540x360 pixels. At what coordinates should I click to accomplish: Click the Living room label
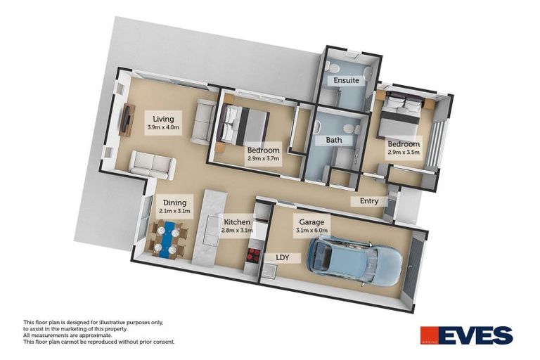coord(164,120)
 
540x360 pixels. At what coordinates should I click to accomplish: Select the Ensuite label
coord(347,80)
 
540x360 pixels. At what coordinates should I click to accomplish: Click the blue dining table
coord(167,240)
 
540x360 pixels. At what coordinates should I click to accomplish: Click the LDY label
coord(283,257)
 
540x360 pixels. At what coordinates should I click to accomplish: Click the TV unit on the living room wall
coord(127,120)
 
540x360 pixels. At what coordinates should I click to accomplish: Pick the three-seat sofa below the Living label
coord(153,165)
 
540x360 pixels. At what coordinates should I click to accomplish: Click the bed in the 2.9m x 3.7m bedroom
coord(243,125)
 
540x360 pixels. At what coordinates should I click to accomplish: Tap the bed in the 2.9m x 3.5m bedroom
coord(402,115)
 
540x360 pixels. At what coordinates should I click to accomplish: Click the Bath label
coord(333,141)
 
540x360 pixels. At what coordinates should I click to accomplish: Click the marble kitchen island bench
coord(208,229)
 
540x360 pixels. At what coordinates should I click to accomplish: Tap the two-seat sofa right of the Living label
coord(203,122)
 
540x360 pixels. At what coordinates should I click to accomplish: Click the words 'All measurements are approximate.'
coord(67,335)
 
